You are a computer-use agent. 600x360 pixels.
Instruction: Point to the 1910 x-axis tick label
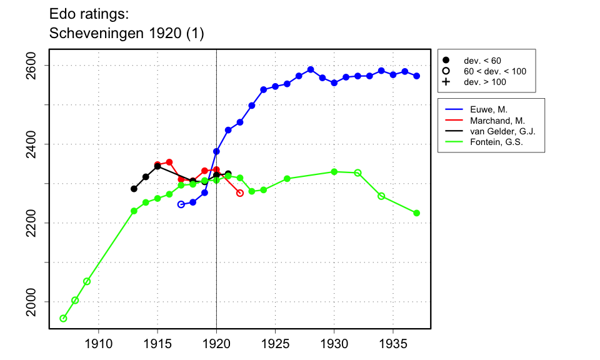coord(98,342)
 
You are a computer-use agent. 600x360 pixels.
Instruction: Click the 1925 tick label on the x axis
coord(275,342)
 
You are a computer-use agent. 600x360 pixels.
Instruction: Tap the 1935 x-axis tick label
coord(393,342)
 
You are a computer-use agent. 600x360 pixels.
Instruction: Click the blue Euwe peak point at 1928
coord(311,69)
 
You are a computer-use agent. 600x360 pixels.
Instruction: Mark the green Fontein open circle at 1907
coord(63,319)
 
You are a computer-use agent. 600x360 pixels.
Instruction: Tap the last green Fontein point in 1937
coord(417,213)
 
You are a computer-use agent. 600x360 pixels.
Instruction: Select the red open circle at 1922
coord(240,193)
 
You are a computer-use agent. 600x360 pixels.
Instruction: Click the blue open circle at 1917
coord(181,204)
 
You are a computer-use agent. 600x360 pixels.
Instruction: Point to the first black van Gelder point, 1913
coord(134,189)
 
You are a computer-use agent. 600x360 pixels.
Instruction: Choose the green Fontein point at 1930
coord(334,172)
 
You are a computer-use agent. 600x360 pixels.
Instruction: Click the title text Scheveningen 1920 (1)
coord(126,34)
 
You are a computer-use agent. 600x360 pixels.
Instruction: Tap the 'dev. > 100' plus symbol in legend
coord(446,82)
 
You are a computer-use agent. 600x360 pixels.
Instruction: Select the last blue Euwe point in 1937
coord(417,76)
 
